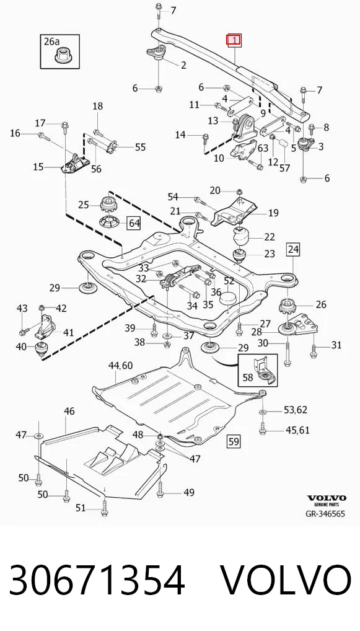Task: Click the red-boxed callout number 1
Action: click(x=234, y=40)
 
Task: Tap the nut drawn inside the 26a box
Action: click(x=63, y=56)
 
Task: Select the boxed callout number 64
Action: click(x=134, y=223)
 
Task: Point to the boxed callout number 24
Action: click(x=293, y=250)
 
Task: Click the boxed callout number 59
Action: click(x=234, y=441)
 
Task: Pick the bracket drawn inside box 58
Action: click(x=263, y=372)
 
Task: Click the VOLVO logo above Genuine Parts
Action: click(x=327, y=498)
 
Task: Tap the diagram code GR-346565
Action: click(x=325, y=514)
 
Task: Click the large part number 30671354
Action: click(x=97, y=580)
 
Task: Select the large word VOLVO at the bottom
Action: click(x=286, y=580)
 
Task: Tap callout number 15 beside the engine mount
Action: click(x=38, y=166)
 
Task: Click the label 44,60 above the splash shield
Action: click(x=121, y=366)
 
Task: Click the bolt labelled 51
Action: click(x=105, y=506)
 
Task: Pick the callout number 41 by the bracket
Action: click(x=68, y=332)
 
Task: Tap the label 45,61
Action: click(x=297, y=430)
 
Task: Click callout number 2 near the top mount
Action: click(x=183, y=65)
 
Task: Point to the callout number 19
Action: click(x=273, y=213)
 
